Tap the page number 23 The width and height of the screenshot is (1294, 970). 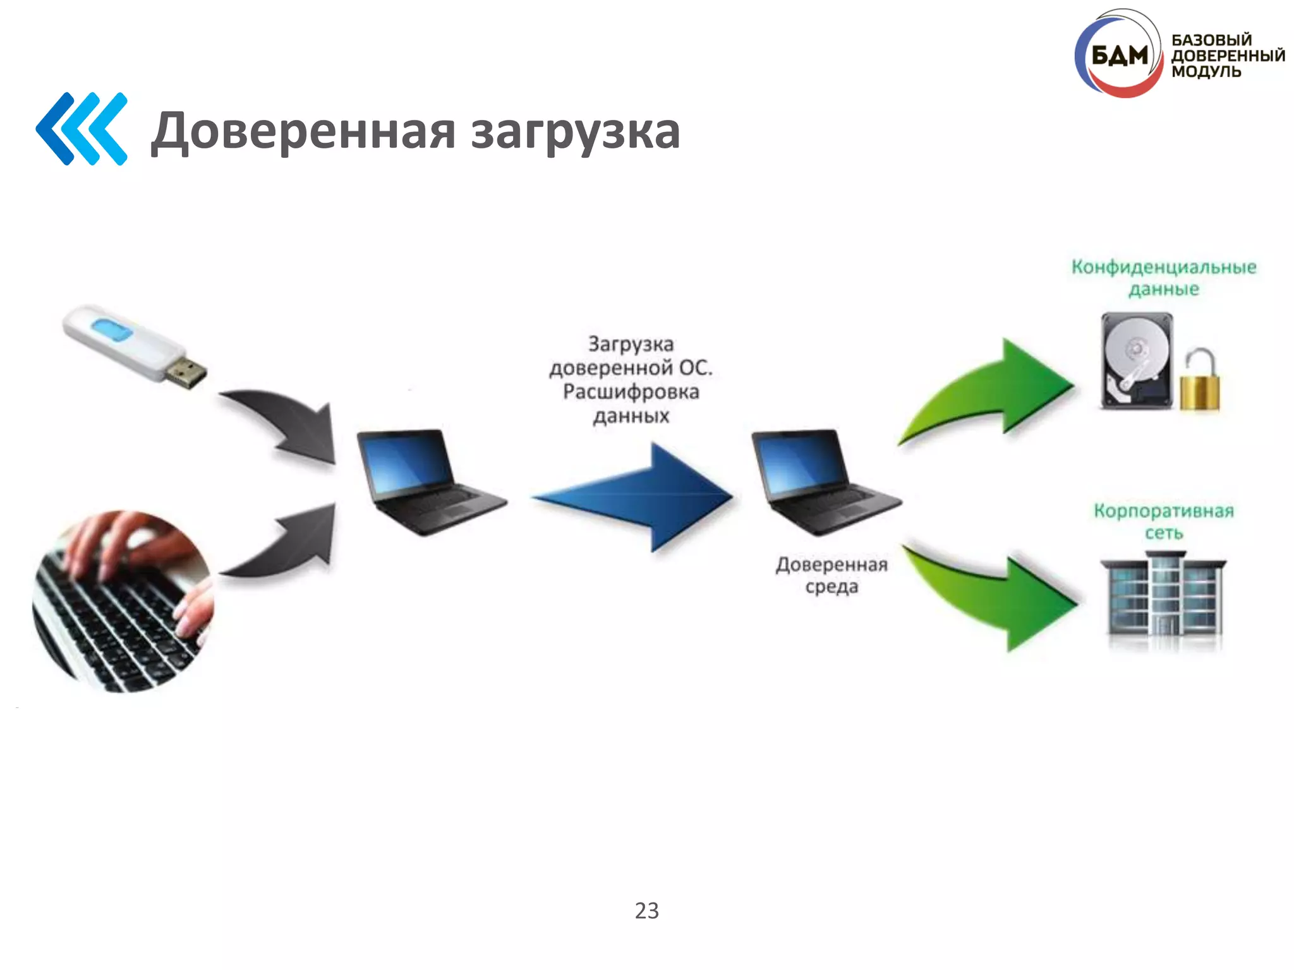coord(646,911)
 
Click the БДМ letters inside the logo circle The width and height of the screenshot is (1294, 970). coord(1119,56)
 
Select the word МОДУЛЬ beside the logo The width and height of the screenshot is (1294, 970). coord(1206,71)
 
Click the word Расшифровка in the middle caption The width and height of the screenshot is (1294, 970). coord(631,392)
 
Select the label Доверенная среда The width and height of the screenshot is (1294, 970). coord(831,575)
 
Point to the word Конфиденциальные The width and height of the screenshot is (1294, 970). coord(1163,268)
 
